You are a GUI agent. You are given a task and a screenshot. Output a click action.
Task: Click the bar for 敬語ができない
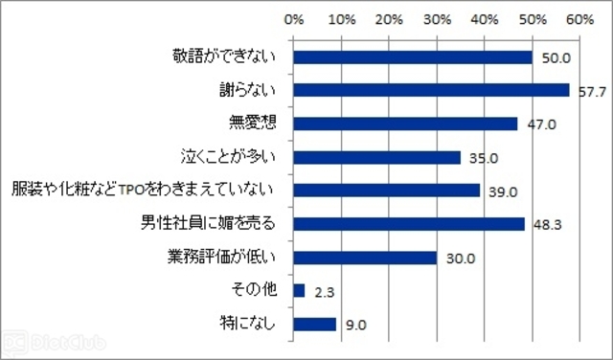pos(413,57)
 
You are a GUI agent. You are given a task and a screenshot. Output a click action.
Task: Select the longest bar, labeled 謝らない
pos(431,90)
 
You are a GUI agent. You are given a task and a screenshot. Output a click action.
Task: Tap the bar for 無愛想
pos(405,124)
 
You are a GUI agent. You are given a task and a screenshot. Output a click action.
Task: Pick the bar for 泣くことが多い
pos(376,158)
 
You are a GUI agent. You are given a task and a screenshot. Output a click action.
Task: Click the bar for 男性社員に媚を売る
pos(409,224)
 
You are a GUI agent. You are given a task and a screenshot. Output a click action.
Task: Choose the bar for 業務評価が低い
pos(365,258)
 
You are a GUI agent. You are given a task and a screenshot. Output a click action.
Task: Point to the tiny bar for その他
pos(299,291)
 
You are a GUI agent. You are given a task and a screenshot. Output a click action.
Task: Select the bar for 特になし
pos(315,325)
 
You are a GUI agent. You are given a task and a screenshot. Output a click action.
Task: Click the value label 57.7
pos(592,92)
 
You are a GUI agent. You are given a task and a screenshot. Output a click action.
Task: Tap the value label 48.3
pos(548,225)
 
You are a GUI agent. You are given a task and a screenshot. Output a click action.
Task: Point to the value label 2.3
pos(325,292)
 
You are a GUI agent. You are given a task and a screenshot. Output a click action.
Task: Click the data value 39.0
pos(503,191)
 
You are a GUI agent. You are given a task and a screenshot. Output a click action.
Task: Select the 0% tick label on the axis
pos(294,19)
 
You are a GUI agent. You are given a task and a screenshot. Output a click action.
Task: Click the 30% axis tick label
pos(438,19)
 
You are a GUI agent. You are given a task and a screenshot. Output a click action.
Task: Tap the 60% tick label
pos(580,19)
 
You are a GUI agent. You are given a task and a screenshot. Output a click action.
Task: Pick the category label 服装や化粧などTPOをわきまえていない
pos(143,190)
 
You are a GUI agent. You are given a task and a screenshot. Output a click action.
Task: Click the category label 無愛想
pos(253,123)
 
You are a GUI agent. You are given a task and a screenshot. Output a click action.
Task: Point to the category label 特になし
pos(248,324)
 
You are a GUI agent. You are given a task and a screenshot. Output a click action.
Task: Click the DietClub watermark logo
pos(54,344)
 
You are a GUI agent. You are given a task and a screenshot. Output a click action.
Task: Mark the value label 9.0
pos(356,326)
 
